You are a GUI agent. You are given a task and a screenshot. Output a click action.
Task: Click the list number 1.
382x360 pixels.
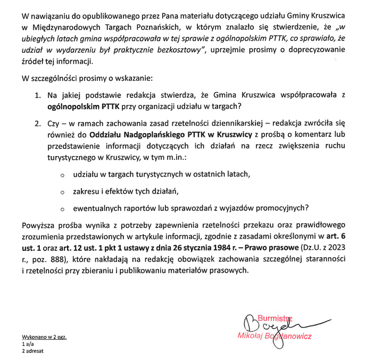pyautogui.click(x=38, y=95)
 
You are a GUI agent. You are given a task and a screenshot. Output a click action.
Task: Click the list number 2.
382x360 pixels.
pyautogui.click(x=38, y=124)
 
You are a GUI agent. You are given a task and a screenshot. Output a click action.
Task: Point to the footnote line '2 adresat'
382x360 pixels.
pyautogui.click(x=32, y=351)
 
